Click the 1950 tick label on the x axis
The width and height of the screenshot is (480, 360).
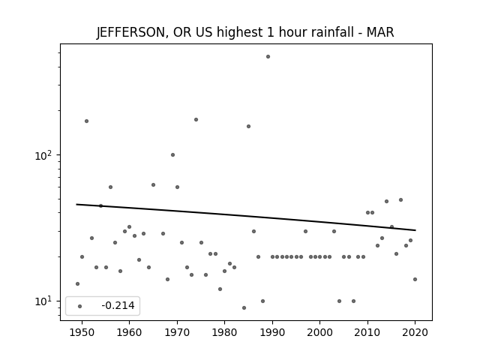click(82, 332)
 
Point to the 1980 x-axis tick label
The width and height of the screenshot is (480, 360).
click(225, 332)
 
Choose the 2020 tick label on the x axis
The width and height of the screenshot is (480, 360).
click(415, 332)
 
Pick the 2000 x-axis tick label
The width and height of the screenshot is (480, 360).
click(320, 332)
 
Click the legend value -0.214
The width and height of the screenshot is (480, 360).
click(118, 305)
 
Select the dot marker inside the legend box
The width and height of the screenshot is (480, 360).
click(80, 307)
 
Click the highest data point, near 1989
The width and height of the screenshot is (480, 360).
click(268, 57)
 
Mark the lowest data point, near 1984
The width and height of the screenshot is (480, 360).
click(244, 308)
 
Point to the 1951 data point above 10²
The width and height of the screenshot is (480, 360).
click(87, 121)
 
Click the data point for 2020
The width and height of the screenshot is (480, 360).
click(415, 280)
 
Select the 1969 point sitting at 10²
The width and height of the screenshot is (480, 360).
click(172, 155)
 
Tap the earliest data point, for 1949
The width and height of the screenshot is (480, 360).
click(77, 284)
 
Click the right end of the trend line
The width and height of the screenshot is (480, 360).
click(415, 230)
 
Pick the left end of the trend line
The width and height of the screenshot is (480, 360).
click(76, 204)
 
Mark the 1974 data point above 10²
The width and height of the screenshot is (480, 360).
click(196, 120)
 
